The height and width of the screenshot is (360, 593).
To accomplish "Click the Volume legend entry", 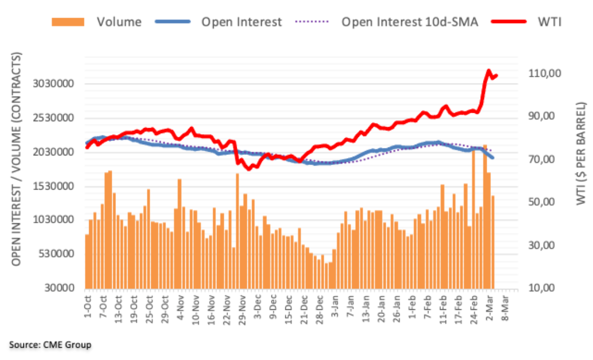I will [119, 22].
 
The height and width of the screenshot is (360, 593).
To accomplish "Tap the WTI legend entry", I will [550, 22].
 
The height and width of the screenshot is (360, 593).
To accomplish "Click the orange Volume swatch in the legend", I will [68, 22].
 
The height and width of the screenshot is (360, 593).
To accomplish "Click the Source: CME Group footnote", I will [50, 345].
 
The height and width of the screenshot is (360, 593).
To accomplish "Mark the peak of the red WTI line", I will [488, 71].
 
